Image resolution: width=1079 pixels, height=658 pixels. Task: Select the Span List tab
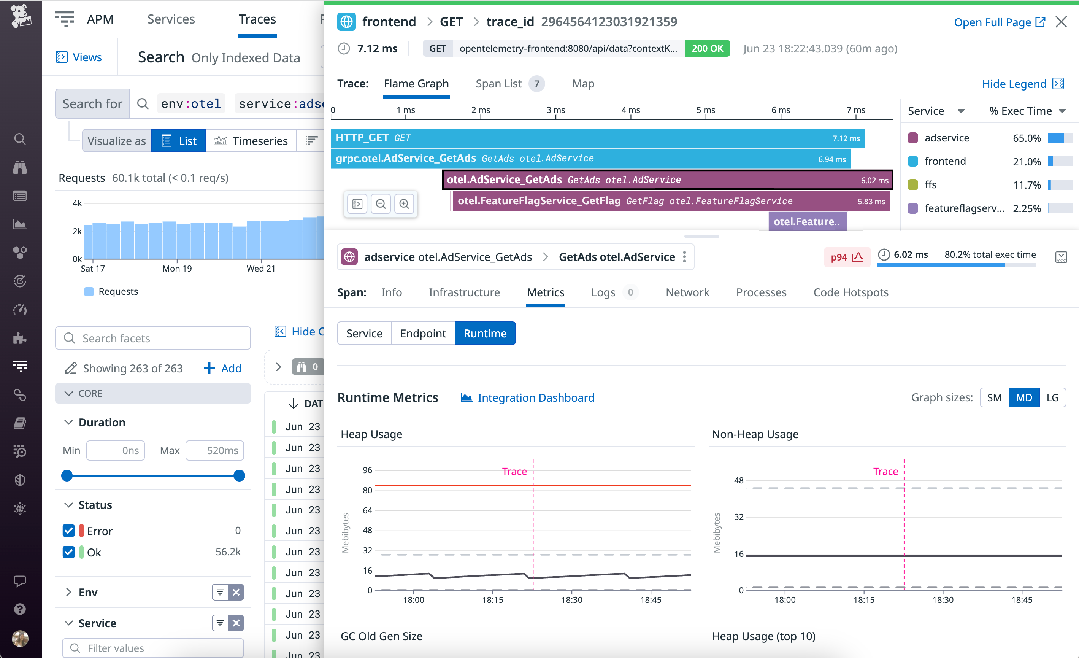click(x=498, y=83)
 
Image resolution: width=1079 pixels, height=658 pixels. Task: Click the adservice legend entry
click(x=946, y=138)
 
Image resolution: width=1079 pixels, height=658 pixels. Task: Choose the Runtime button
click(x=485, y=334)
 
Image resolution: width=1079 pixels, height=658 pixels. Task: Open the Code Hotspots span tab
click(x=851, y=292)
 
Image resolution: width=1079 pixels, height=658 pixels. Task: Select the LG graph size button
click(x=1052, y=397)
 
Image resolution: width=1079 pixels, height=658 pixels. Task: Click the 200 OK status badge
click(x=707, y=49)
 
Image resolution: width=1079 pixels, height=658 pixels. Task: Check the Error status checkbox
click(x=69, y=531)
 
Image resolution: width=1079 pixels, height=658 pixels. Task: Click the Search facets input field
click(x=153, y=338)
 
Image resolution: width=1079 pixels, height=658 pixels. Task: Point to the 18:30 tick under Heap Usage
click(x=571, y=599)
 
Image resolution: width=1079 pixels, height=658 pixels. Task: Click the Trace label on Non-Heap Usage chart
click(x=885, y=471)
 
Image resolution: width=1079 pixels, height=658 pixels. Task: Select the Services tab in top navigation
click(x=171, y=19)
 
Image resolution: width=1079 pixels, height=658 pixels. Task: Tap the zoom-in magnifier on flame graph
click(x=404, y=204)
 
